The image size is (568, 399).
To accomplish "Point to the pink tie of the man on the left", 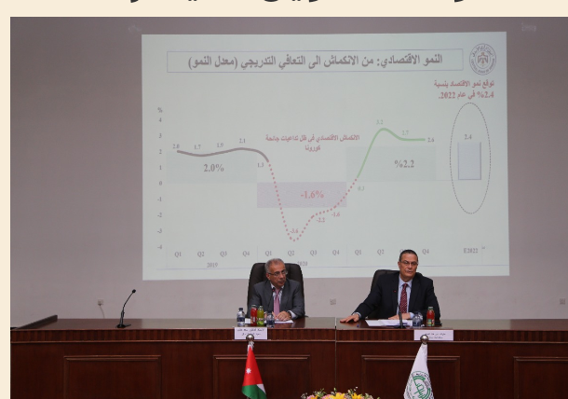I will (x=277, y=300).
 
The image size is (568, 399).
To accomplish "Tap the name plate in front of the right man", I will (x=434, y=335).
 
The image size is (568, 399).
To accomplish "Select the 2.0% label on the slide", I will (x=213, y=168).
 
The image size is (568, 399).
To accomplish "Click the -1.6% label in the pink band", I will (x=312, y=195).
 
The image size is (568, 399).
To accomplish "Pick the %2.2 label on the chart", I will (x=403, y=164).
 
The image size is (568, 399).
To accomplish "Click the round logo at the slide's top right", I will (x=481, y=60).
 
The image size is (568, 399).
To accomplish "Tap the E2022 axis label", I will (x=470, y=251).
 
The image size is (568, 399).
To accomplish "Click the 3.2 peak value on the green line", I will (x=380, y=122).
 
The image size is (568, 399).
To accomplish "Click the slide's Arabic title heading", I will (x=317, y=61).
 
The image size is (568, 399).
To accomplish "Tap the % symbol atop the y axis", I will (x=159, y=109).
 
